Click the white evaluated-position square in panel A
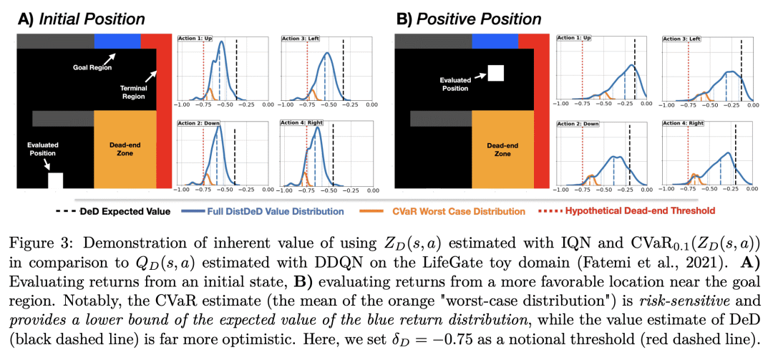pyautogui.click(x=55, y=180)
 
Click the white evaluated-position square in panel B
pyautogui.click(x=495, y=73)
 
